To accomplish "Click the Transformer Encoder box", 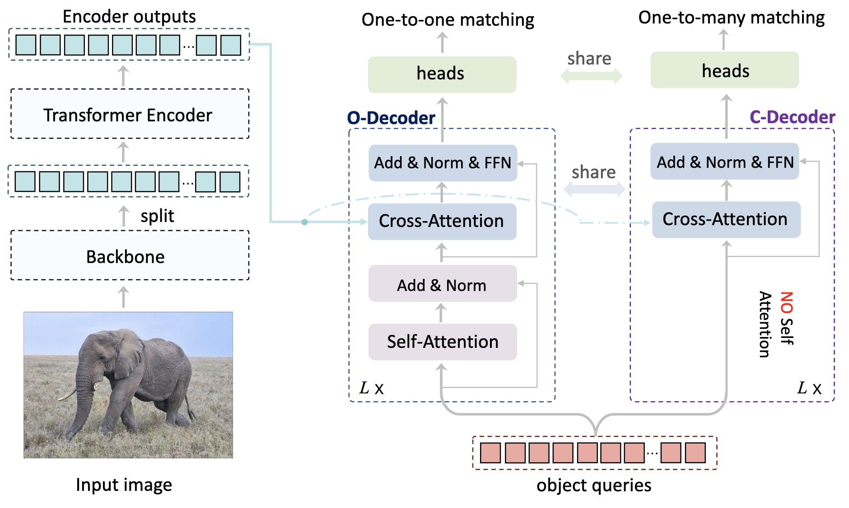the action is click(x=130, y=114).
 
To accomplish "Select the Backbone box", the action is click(x=130, y=255).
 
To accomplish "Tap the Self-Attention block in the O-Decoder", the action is click(x=443, y=342).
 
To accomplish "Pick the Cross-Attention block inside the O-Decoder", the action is click(x=442, y=222).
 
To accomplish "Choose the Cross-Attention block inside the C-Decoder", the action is click(x=726, y=220).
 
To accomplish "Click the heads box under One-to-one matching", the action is click(x=442, y=74).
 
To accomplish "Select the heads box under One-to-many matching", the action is click(x=725, y=70).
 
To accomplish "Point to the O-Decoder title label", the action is click(x=391, y=118).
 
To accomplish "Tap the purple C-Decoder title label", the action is click(x=793, y=117).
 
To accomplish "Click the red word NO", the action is click(x=787, y=303).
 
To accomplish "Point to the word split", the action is click(x=157, y=216).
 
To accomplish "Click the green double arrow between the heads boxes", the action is click(x=591, y=76).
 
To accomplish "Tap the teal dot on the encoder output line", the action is click(x=305, y=222).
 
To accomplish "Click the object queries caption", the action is click(x=594, y=485).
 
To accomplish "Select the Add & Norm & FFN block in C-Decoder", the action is click(x=725, y=162).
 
